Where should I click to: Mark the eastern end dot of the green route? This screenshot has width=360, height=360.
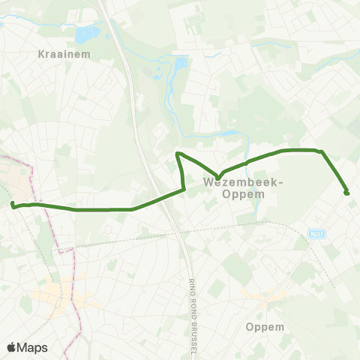[346, 193]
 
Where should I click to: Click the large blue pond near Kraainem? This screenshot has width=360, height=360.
[88, 33]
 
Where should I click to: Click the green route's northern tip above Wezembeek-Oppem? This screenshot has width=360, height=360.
[178, 154]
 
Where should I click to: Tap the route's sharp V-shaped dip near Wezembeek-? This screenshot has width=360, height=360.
[218, 177]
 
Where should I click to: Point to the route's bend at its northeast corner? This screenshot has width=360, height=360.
[321, 151]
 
